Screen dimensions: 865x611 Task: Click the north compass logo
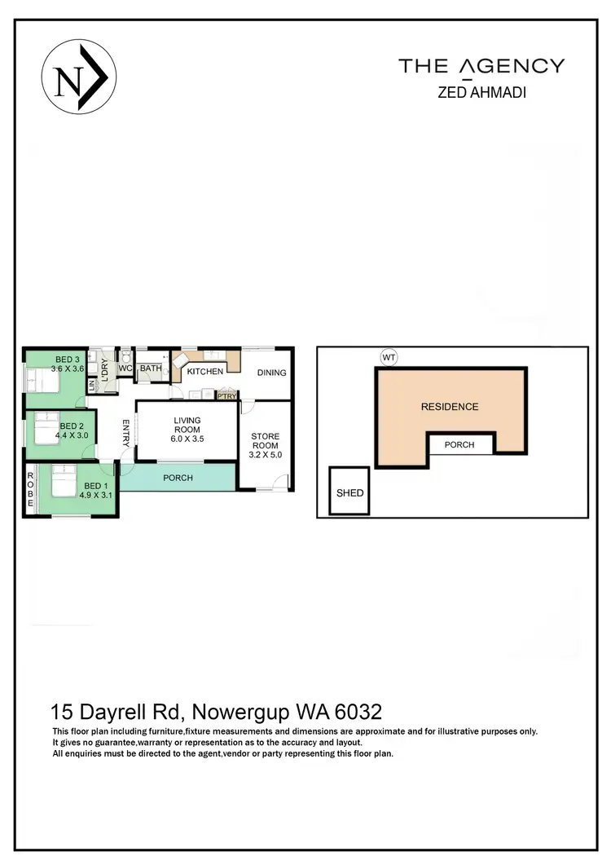coord(79,78)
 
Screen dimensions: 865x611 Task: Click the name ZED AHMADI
coord(481,92)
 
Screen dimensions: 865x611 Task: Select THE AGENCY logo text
coord(481,66)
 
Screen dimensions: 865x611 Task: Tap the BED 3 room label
coord(68,360)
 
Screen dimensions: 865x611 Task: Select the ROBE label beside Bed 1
coord(30,490)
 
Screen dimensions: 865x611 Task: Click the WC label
coord(125,369)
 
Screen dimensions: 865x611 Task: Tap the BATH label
coord(151,369)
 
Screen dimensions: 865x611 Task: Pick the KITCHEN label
coord(205,372)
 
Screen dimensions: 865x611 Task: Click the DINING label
coord(271,373)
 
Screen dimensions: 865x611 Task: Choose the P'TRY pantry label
coord(226,396)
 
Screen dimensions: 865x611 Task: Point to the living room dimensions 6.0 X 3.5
coord(187,438)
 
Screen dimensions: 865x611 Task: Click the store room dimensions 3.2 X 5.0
coord(265,455)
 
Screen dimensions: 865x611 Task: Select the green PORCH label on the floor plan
coord(178,478)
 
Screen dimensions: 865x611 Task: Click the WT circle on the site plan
coord(388,356)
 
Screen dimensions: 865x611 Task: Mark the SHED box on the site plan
coord(349,492)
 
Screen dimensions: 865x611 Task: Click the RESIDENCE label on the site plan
coord(449,406)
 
